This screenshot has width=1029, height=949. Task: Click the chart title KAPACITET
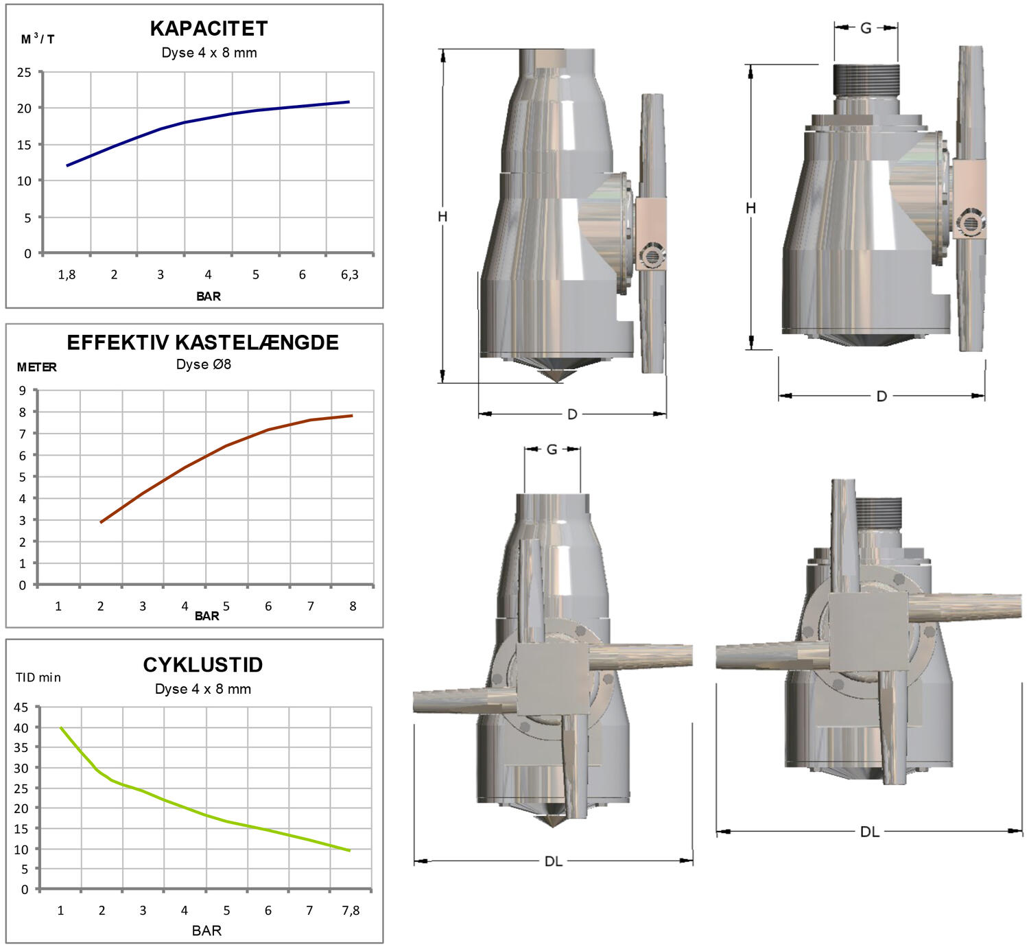209,29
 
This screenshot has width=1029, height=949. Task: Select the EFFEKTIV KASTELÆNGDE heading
202,342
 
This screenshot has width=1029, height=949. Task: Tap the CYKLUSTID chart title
202,664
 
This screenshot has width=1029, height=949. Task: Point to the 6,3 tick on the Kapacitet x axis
349,274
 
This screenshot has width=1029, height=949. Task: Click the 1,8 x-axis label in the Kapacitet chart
67,274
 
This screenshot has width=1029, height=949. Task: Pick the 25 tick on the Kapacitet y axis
24,72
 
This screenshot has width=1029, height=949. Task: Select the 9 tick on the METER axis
22,390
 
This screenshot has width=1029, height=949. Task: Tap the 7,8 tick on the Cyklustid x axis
351,910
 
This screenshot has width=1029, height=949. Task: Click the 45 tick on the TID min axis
21,707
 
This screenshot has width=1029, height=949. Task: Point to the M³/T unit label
37,38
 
